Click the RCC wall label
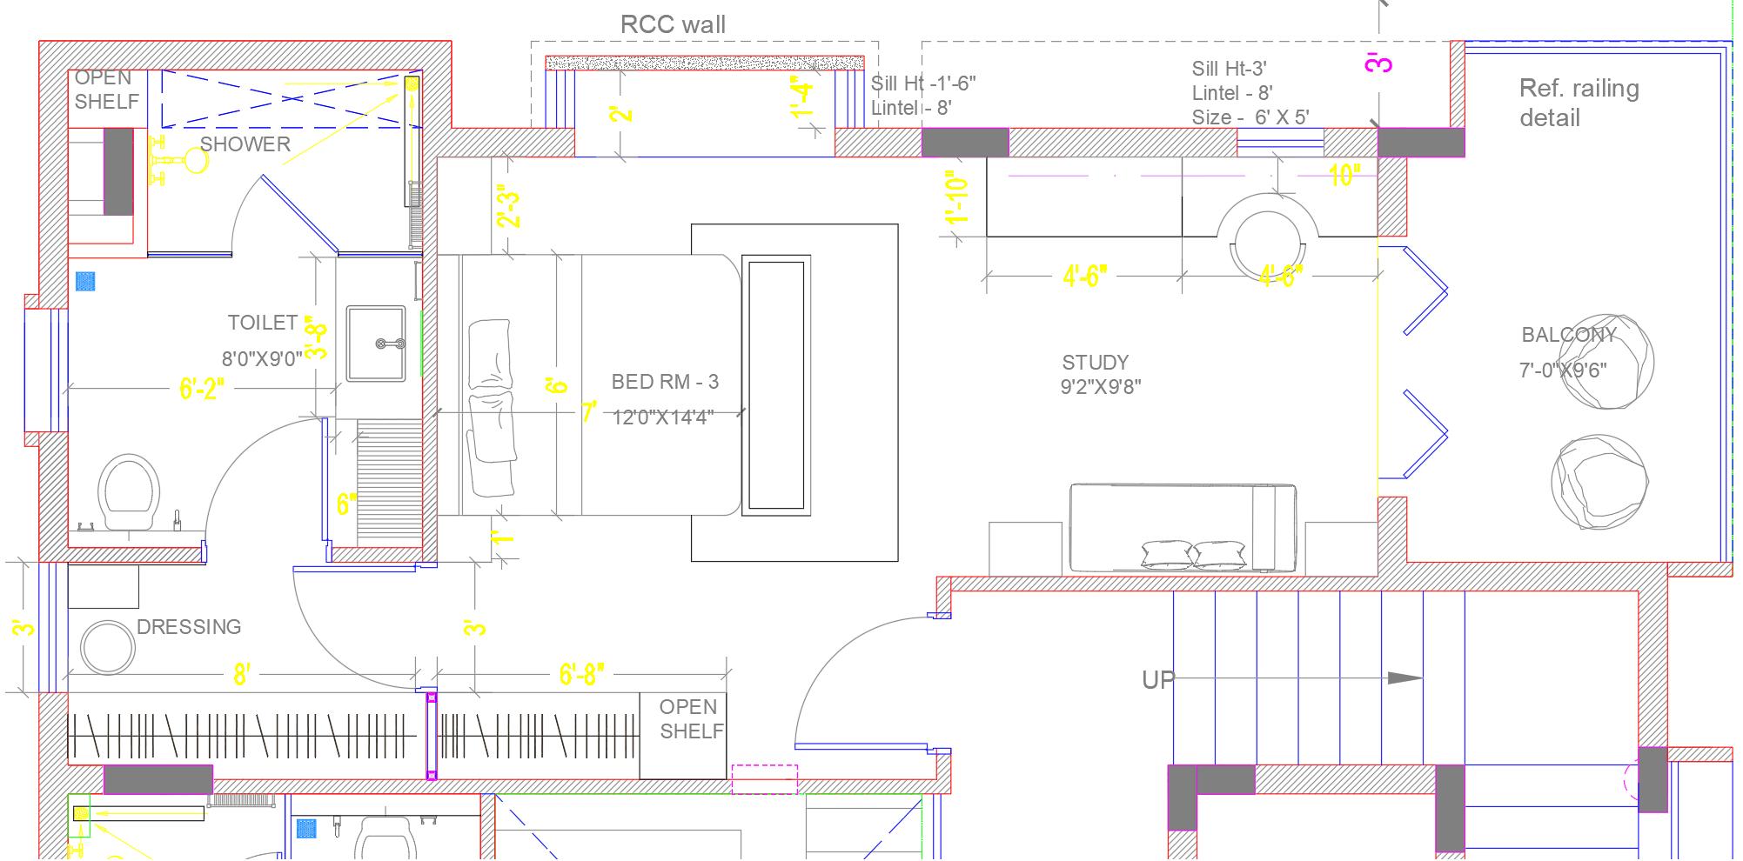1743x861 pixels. pos(673,24)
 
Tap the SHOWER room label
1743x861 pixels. pos(245,144)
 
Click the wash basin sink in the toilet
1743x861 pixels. pos(376,344)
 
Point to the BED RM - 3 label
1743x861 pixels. pos(665,382)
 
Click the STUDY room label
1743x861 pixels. pos(1095,363)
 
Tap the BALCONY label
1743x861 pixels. pos(1568,335)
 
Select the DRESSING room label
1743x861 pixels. pos(188,627)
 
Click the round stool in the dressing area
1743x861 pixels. pos(107,647)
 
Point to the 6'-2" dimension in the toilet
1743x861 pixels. pos(201,388)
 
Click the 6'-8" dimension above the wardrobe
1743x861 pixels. pos(580,674)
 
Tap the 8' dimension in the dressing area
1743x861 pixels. pos(241,674)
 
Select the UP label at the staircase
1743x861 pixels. pos(1157,680)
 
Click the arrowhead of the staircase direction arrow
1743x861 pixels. pos(1404,678)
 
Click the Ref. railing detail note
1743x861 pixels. pos(1578,103)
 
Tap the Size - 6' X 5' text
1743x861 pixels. pos(1250,117)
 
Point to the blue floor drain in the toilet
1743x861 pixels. pos(85,281)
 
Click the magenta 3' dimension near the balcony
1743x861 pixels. pos(1379,63)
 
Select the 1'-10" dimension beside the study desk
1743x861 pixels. pos(957,197)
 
